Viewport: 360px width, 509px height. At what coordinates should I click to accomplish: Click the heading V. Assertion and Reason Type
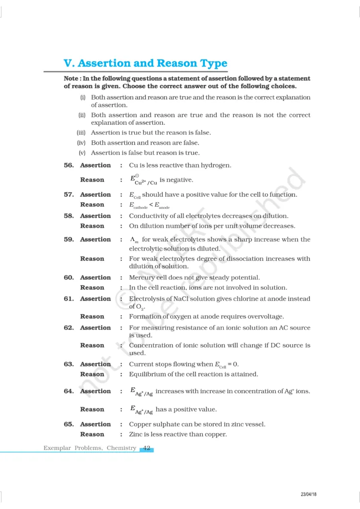[145, 64]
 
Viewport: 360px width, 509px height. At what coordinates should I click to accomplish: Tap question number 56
[69, 165]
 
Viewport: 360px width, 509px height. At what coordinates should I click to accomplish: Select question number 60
[69, 277]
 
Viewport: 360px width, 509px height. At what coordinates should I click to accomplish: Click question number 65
[69, 424]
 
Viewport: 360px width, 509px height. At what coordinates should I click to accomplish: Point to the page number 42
[147, 448]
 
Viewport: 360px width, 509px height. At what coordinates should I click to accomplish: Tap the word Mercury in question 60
[142, 277]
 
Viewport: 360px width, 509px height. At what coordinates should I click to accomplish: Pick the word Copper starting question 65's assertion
[140, 424]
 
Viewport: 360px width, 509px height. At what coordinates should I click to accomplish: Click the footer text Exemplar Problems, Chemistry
[90, 448]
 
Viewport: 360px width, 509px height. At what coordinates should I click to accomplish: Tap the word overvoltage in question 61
[267, 316]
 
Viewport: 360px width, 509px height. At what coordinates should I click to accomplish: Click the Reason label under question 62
[92, 345]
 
